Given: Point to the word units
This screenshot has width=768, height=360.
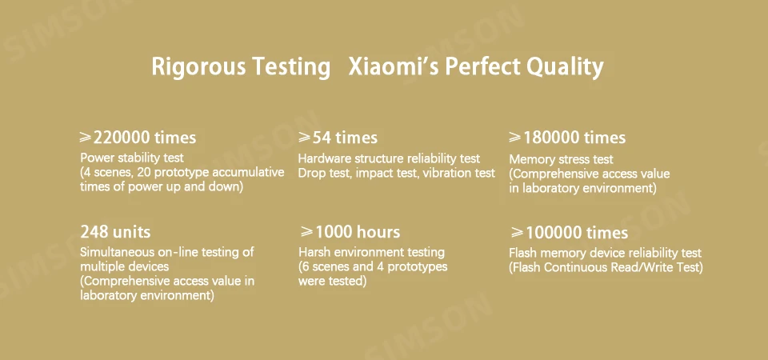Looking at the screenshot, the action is (132, 231).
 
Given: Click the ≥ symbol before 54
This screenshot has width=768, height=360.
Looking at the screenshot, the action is (305, 138).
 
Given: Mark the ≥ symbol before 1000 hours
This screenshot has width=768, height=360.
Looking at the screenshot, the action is (307, 232).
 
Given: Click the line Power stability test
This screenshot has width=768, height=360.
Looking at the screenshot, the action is (132, 158).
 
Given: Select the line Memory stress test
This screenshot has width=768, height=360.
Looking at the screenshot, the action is (562, 160).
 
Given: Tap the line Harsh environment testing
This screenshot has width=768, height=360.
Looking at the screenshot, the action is (372, 253).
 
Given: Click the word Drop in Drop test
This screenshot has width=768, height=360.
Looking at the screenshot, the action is (310, 174).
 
